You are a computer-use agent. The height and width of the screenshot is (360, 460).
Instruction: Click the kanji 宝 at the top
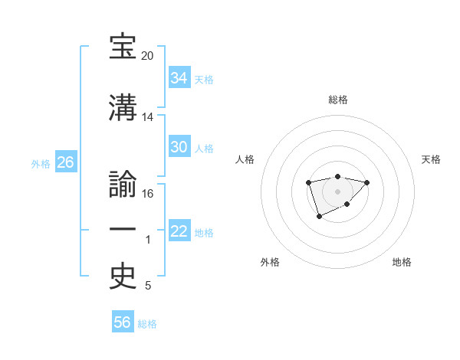pyautogui.click(x=123, y=47)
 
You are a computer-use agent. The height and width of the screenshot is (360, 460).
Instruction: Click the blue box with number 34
pyautogui.click(x=179, y=78)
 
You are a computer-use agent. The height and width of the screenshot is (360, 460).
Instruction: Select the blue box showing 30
pyautogui.click(x=179, y=147)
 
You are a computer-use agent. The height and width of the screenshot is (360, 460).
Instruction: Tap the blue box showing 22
pyautogui.click(x=179, y=231)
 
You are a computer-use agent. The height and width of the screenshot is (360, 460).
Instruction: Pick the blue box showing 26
pyautogui.click(x=65, y=162)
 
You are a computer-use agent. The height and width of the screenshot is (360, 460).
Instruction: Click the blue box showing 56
pyautogui.click(x=122, y=322)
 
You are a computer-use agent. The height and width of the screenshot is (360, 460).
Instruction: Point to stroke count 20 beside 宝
pyautogui.click(x=147, y=57)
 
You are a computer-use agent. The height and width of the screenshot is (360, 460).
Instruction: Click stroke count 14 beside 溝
pyautogui.click(x=147, y=117)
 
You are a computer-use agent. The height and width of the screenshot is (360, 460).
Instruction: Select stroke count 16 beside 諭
pyautogui.click(x=147, y=193)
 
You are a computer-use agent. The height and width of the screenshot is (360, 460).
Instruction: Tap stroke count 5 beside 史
pyautogui.click(x=147, y=286)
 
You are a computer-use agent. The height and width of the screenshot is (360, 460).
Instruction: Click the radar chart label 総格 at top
pyautogui.click(x=337, y=100)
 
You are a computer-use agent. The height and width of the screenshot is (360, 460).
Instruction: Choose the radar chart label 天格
pyautogui.click(x=431, y=159)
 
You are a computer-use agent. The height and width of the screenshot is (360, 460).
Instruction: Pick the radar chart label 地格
pyautogui.click(x=401, y=262)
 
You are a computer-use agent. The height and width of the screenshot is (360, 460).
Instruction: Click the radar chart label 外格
pyautogui.click(x=270, y=262)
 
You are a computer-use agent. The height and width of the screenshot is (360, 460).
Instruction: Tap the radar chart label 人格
pyautogui.click(x=245, y=159)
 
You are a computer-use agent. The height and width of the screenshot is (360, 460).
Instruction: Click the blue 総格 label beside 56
pyautogui.click(x=147, y=324)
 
